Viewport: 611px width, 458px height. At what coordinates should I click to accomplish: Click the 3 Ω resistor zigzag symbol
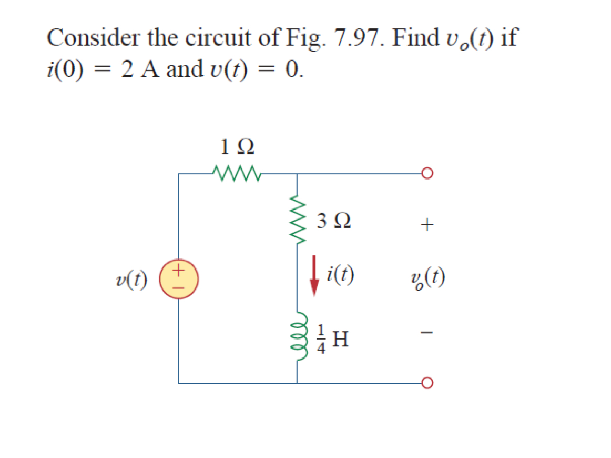[297, 222]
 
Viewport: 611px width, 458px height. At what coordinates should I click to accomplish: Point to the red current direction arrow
[314, 275]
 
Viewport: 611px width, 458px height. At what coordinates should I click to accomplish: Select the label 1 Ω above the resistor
[238, 147]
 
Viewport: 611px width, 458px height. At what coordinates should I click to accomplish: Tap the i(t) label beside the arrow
[340, 274]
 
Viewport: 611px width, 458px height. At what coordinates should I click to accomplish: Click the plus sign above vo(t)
[427, 225]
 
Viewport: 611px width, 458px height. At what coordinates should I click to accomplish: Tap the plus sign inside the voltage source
[179, 271]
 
